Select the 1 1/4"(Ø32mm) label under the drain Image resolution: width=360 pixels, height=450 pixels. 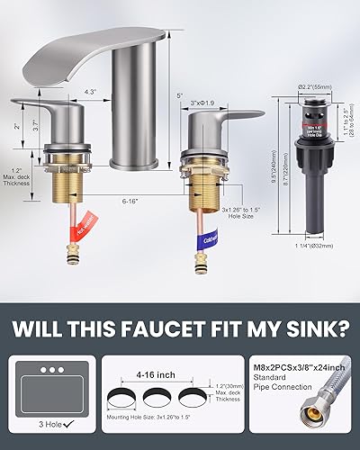click(296, 244)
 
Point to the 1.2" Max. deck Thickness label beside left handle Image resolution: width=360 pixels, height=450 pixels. click(22, 173)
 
